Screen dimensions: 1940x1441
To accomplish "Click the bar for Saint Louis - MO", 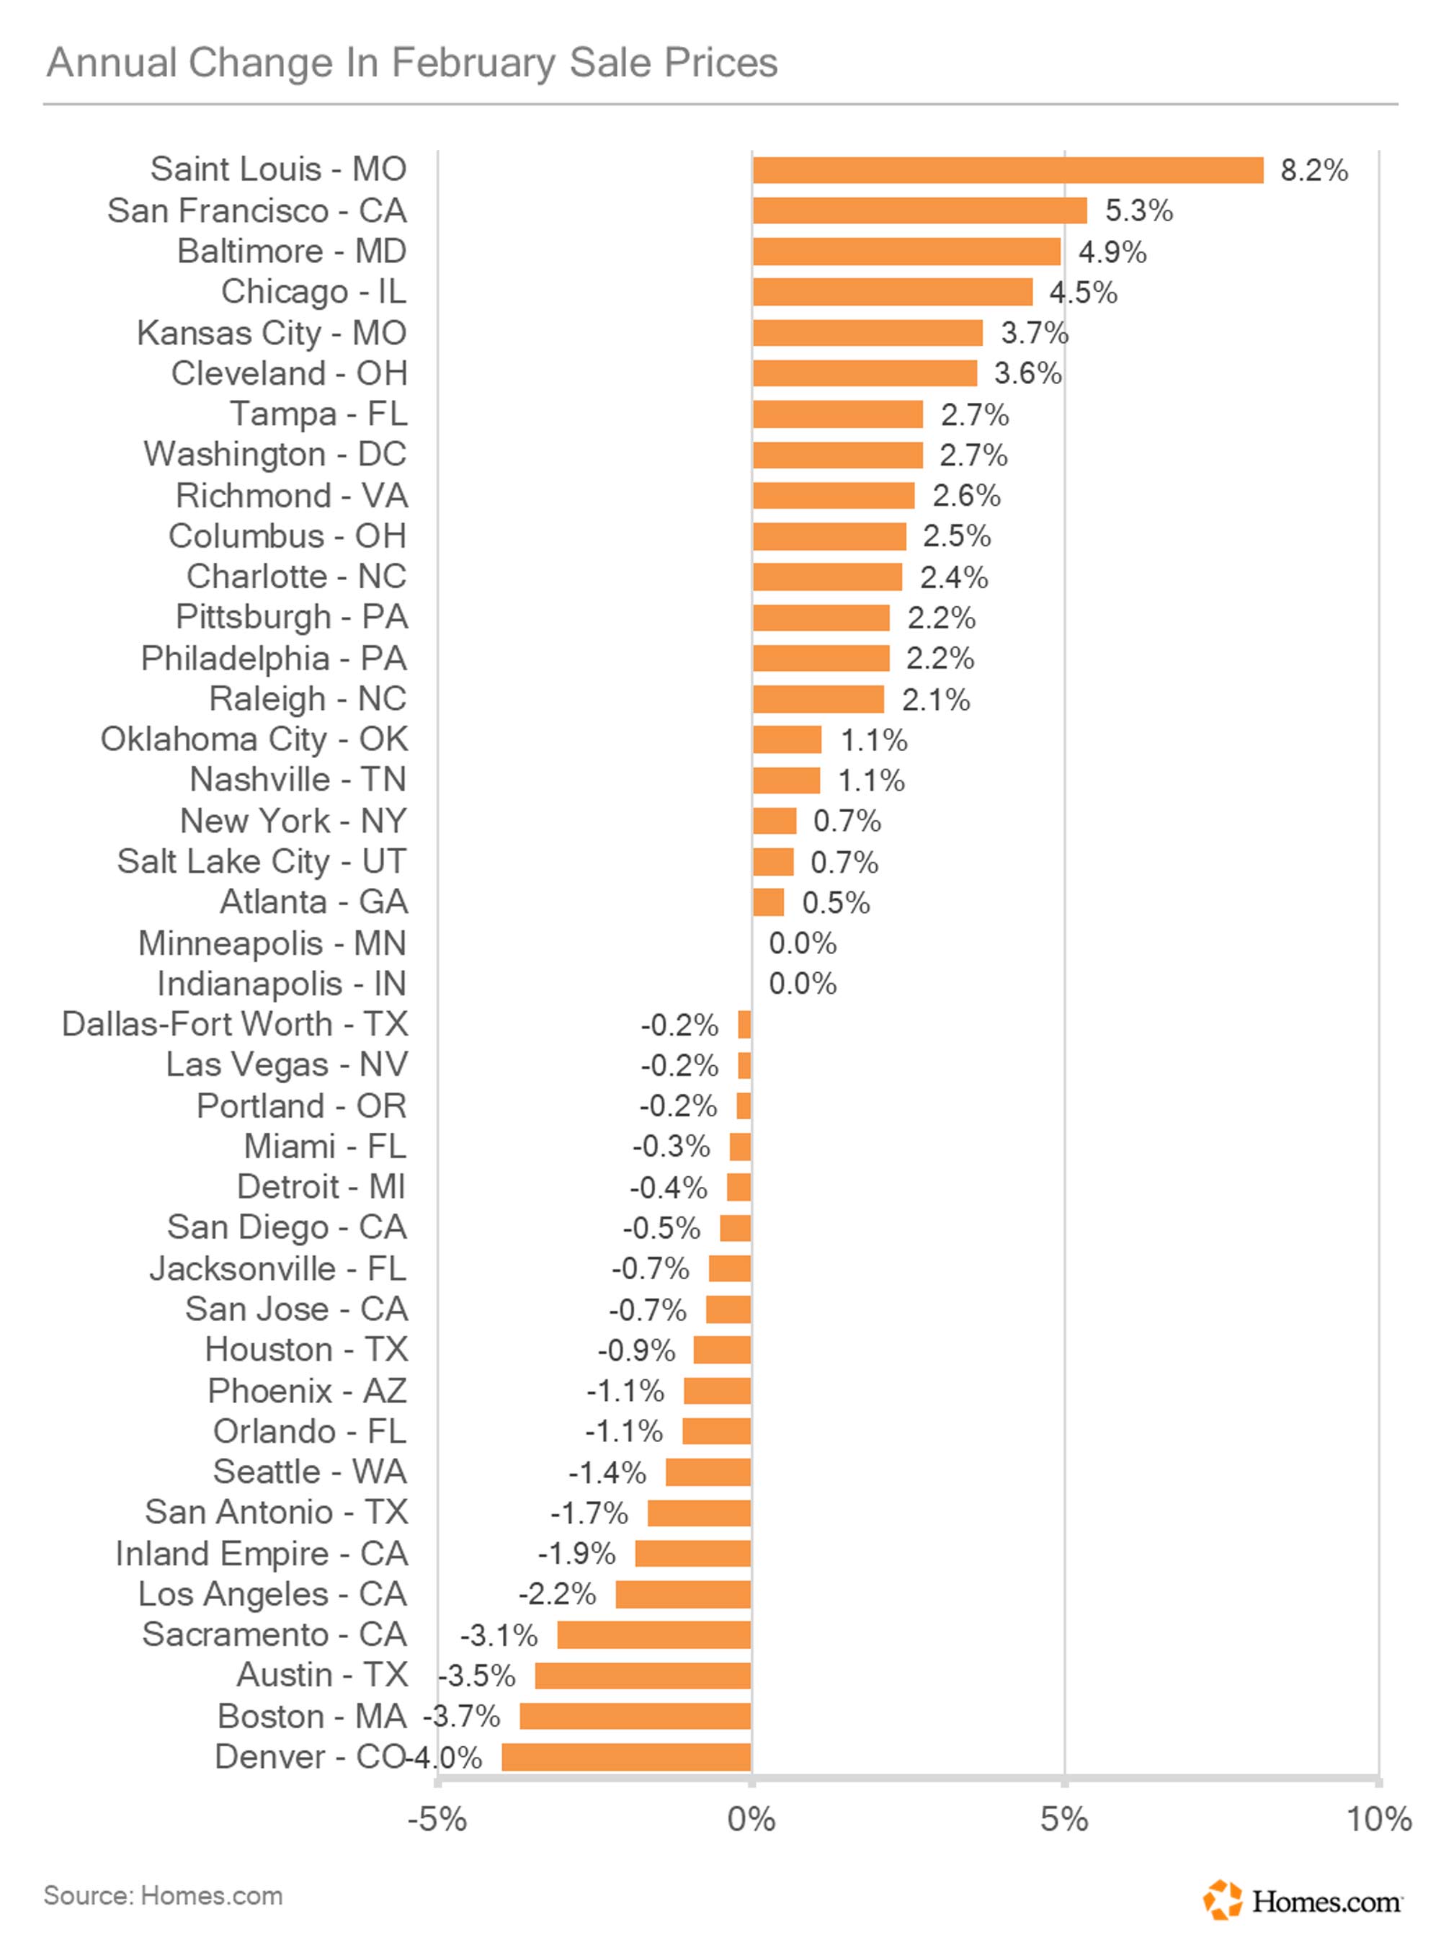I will (1007, 170).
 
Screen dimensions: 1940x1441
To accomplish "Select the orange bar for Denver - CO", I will (626, 1757).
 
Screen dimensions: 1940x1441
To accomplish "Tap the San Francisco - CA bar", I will (919, 210).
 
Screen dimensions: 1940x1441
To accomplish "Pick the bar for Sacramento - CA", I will (654, 1634).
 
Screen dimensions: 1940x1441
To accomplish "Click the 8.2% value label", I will (1313, 170).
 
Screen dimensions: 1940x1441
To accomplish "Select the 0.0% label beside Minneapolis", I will (803, 943).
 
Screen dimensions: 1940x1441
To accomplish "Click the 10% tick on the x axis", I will (1378, 1820).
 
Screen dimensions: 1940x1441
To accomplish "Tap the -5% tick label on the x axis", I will (437, 1820).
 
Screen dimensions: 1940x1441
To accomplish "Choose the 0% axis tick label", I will (751, 1820).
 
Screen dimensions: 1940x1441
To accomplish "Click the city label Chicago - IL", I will (313, 291).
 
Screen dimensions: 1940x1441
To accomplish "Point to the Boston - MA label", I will (311, 1716).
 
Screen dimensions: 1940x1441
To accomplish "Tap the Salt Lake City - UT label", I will (262, 861).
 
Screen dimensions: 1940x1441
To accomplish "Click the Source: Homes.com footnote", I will (163, 1895).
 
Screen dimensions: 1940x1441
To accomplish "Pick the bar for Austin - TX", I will (643, 1676).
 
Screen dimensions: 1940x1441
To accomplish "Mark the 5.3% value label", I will (1138, 210).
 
